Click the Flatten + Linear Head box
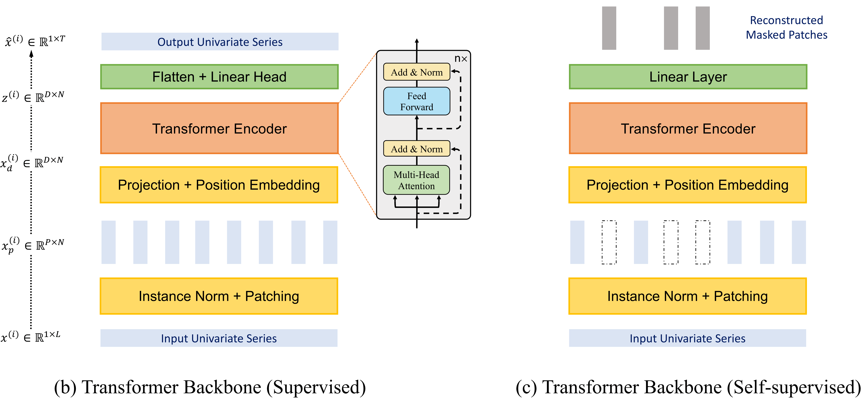tap(219, 77)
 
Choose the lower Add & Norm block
tap(417, 149)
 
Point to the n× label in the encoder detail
tap(460, 59)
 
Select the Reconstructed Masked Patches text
tap(786, 27)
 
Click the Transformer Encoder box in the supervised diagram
tap(219, 128)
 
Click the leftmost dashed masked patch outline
tap(609, 242)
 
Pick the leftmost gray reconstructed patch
tap(609, 28)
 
